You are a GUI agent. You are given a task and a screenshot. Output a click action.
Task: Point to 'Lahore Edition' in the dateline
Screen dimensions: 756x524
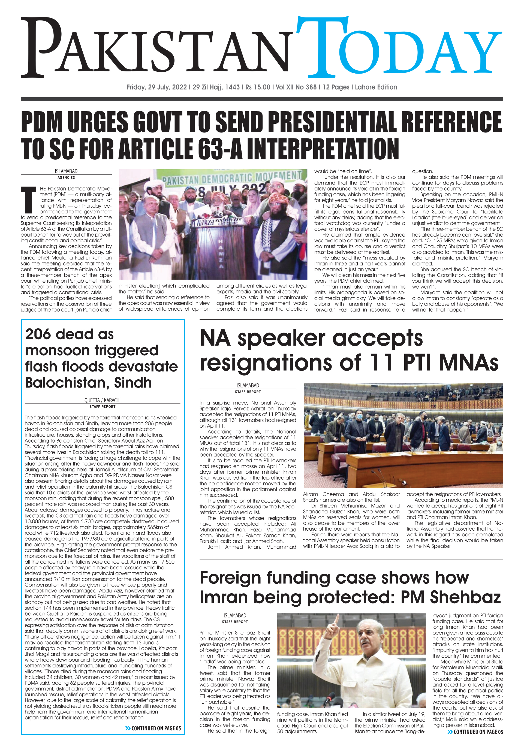coord(376,87)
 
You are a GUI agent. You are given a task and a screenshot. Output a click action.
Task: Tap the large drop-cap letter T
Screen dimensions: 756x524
coord(29,199)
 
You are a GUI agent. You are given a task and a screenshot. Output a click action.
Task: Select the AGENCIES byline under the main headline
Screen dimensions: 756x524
coord(66,177)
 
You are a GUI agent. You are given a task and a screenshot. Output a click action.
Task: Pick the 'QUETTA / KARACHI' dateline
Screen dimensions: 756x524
coord(103,400)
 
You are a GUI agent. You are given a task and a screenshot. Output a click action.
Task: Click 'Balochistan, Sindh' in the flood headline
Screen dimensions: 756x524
coord(88,383)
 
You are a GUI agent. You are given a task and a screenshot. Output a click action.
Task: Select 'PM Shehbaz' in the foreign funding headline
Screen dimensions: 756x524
coord(450,597)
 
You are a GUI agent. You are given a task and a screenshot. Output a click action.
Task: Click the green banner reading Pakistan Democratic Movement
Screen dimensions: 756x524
coord(231,177)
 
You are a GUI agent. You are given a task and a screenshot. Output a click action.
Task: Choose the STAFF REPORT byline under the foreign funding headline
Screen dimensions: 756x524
coord(235,622)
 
